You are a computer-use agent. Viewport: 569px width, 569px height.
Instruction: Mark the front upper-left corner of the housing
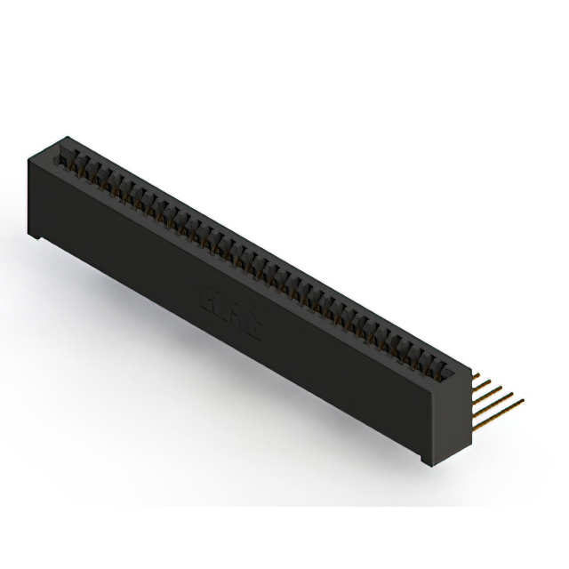point(29,156)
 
